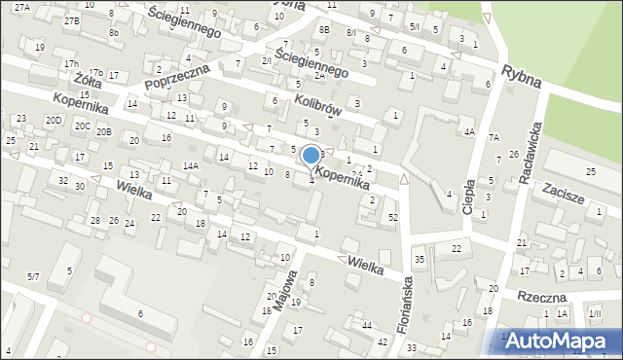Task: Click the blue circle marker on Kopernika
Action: coord(311,155)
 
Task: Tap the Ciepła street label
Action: coord(469,196)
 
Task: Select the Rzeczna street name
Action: coord(543,295)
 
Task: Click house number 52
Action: coord(393,217)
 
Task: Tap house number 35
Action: coord(420,259)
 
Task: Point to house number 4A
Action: coord(469,131)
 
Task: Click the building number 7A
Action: coord(494,137)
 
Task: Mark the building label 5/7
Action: coord(33,277)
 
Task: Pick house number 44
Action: coord(366,325)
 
